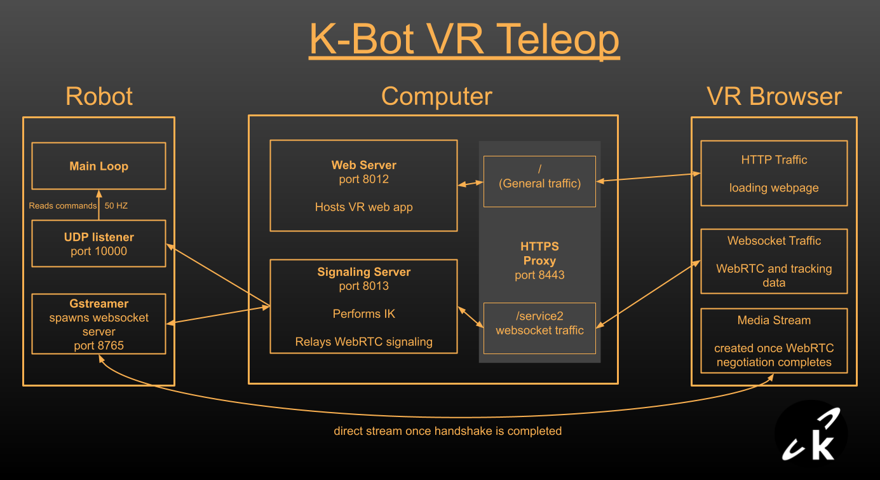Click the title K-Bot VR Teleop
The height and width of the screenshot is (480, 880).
pos(464,39)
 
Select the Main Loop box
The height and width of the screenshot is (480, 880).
pos(98,166)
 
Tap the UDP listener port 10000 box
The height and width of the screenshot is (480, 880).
pos(98,243)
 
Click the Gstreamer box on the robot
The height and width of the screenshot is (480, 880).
pos(98,324)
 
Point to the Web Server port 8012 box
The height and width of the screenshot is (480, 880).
pos(363,186)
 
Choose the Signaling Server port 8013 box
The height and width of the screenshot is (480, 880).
pos(363,306)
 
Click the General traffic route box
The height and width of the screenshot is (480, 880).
pos(539,181)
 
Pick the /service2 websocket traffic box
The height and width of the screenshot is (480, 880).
pos(539,328)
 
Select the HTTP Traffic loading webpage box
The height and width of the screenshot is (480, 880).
pos(773,173)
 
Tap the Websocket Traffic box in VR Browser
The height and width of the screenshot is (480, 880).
pos(773,261)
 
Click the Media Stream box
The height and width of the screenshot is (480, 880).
pos(773,340)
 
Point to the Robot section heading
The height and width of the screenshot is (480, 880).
pos(99,97)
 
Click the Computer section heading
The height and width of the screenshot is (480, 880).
pos(437,97)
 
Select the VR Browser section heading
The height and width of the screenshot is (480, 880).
pos(774,97)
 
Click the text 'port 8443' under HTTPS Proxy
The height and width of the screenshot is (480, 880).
pos(539,275)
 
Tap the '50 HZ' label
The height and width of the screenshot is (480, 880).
pos(117,205)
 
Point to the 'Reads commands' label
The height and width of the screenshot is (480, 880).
pos(62,205)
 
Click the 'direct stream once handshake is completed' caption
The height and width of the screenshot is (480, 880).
pos(447,431)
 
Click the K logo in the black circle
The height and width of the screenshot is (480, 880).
pos(811,439)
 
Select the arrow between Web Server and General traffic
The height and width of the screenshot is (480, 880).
pos(470,184)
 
